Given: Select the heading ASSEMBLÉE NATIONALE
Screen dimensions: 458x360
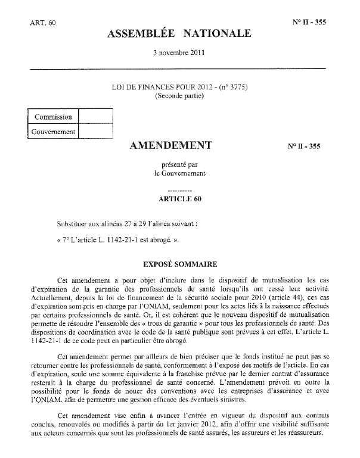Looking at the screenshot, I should tap(179, 34).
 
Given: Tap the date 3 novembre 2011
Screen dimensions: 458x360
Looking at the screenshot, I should tap(179, 52).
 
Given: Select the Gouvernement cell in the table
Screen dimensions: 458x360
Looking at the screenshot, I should tap(54, 131).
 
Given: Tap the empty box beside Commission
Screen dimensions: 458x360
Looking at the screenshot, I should tap(95, 116).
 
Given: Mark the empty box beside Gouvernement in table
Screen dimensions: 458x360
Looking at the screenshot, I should tap(95, 131).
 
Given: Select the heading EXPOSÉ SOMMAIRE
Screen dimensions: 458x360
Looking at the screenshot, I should tap(179, 263).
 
